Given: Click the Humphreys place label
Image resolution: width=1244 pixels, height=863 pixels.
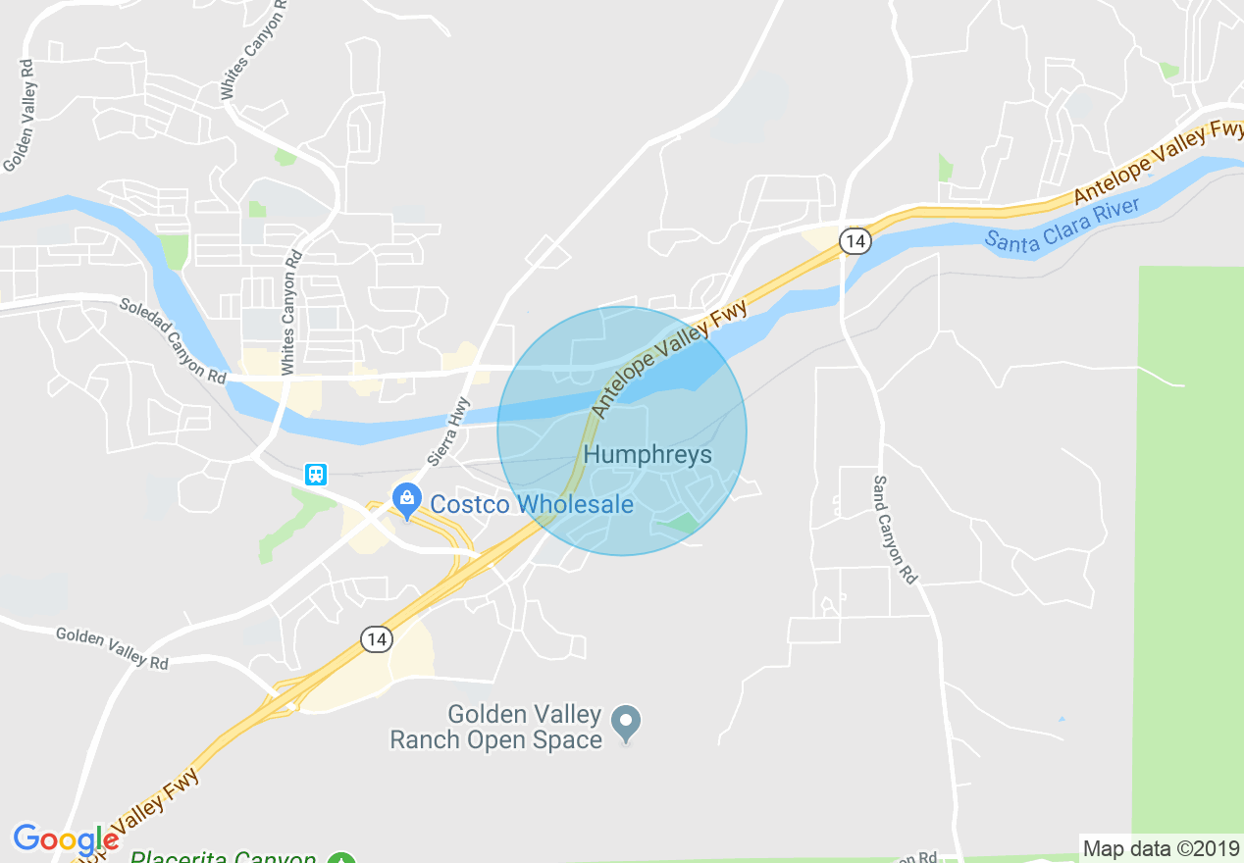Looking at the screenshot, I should (648, 455).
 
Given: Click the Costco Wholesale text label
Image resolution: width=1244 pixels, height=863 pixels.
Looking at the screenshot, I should (532, 504).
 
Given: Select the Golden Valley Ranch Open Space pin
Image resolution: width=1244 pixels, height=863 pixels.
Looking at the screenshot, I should (626, 724).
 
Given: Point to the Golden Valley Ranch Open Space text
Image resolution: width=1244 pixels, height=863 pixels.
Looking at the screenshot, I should (495, 727).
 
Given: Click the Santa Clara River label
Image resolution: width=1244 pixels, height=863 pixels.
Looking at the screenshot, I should (1063, 227).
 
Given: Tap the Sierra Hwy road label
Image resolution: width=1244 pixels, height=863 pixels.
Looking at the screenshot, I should (448, 431).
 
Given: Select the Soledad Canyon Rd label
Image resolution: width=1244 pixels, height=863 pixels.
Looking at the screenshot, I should (173, 339).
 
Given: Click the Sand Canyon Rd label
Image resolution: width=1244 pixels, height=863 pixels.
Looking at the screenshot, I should (895, 530).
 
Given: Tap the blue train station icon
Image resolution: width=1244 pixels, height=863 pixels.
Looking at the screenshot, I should (315, 475).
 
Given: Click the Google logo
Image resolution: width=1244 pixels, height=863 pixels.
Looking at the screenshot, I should (65, 839).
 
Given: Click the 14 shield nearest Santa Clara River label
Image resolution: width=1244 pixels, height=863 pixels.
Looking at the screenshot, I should (855, 240).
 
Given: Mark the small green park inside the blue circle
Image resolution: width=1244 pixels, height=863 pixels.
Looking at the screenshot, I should (680, 524).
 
